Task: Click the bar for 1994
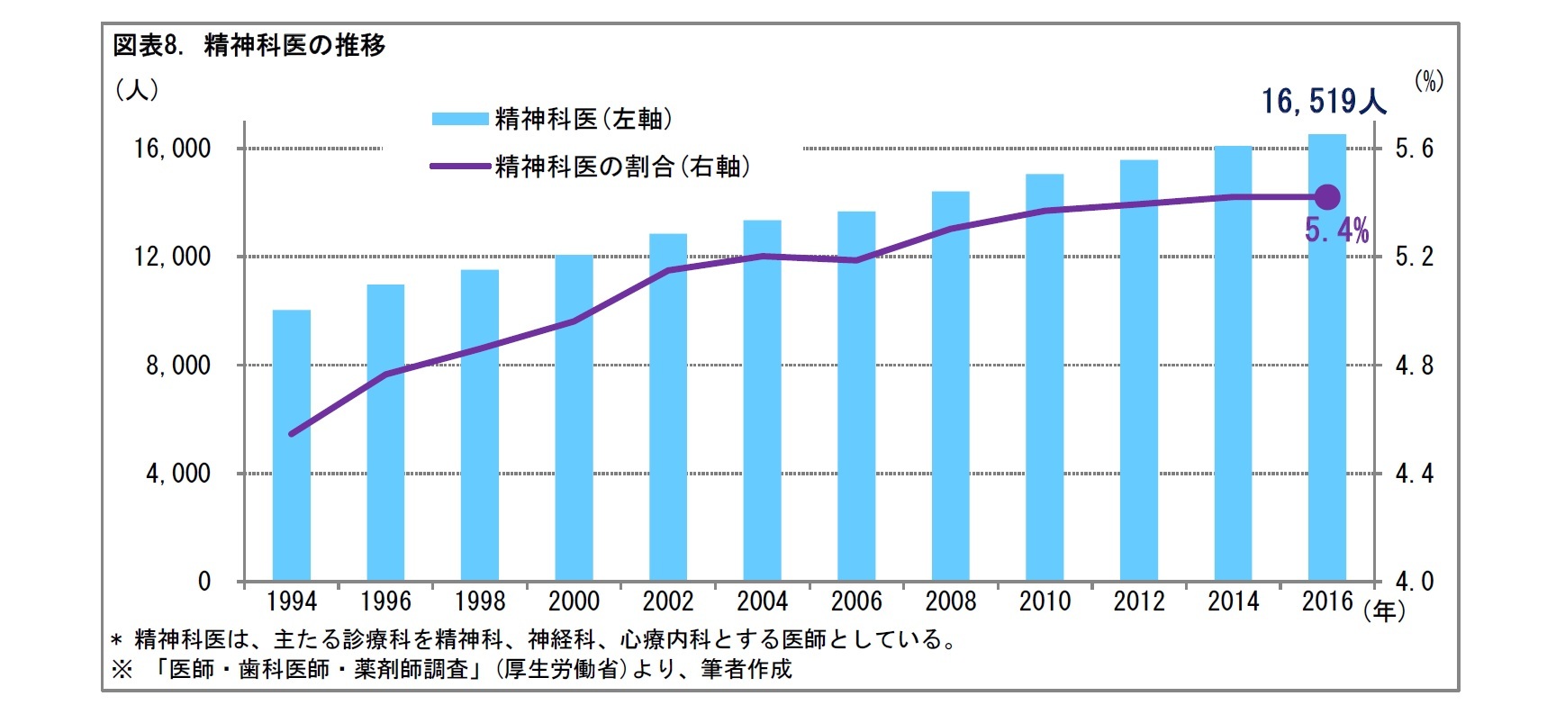tap(292, 446)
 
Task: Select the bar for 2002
tap(668, 407)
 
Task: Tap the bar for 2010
tap(1045, 377)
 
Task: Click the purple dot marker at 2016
tap(1327, 197)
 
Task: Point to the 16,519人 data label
tap(1323, 102)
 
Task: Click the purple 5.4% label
tap(1336, 231)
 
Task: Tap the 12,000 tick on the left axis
tap(172, 257)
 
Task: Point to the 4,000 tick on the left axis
tap(177, 474)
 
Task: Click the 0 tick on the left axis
tap(204, 582)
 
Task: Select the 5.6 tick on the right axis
tap(1414, 149)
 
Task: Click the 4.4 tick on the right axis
tap(1414, 474)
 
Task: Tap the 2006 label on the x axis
tap(856, 601)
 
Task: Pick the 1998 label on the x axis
tap(480, 601)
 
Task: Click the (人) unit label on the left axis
tap(137, 90)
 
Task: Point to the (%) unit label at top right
tap(1428, 81)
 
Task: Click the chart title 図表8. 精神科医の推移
tap(249, 45)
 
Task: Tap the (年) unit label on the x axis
tap(1384, 612)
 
